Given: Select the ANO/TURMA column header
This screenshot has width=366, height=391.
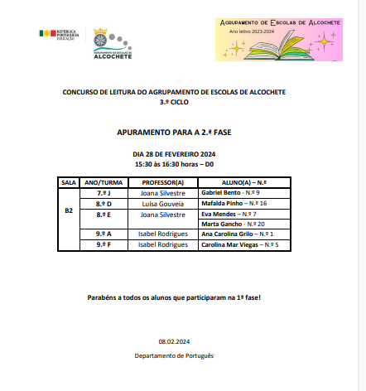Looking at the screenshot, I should pyautogui.click(x=104, y=182).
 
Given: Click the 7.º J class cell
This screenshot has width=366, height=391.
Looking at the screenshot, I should pyautogui.click(x=104, y=192).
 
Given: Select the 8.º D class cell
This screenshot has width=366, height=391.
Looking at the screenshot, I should pyautogui.click(x=104, y=203).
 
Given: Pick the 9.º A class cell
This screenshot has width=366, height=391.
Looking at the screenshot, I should pyautogui.click(x=104, y=234).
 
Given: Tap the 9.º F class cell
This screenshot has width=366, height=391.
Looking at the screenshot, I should pyautogui.click(x=104, y=245).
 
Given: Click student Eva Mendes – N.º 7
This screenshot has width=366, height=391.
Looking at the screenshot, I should pyautogui.click(x=229, y=214).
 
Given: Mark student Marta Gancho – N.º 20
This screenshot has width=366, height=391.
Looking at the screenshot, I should pyautogui.click(x=233, y=224).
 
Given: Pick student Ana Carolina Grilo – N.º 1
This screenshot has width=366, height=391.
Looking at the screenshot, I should pyautogui.click(x=238, y=234).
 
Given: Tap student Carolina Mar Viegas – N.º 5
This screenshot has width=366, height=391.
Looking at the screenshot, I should pyautogui.click(x=240, y=245).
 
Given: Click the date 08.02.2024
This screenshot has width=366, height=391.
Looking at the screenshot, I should pyautogui.click(x=174, y=341).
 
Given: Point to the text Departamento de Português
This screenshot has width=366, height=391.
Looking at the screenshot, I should pyautogui.click(x=174, y=355).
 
